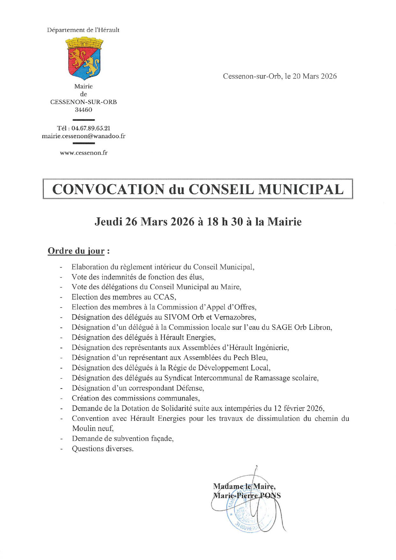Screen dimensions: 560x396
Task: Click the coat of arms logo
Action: pyautogui.click(x=84, y=58)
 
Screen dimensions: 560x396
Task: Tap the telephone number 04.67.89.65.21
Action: pyautogui.click(x=91, y=128)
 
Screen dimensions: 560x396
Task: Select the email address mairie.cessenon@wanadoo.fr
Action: pyautogui.click(x=84, y=136)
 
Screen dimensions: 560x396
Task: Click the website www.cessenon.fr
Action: pyautogui.click(x=84, y=153)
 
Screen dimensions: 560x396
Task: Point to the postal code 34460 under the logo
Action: pyautogui.click(x=84, y=110)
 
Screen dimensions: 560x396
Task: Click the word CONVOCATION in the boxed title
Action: pyautogui.click(x=108, y=189)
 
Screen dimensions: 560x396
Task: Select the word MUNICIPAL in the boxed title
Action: pyautogui.click(x=301, y=189)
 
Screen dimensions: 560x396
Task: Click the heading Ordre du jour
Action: pyautogui.click(x=76, y=251)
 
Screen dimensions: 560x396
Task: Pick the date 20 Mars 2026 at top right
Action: pyautogui.click(x=314, y=76)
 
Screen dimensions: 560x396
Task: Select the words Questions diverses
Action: pyautogui.click(x=102, y=449)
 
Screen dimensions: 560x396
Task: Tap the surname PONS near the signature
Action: pyautogui.click(x=271, y=496)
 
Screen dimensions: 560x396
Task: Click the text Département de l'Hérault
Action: pyautogui.click(x=83, y=30)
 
